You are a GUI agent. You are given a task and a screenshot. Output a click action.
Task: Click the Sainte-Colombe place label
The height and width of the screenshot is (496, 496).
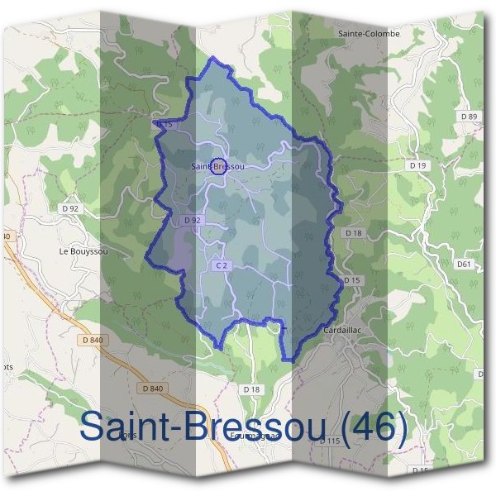(369, 34)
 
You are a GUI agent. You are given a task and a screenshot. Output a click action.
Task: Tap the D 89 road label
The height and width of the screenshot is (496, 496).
(468, 117)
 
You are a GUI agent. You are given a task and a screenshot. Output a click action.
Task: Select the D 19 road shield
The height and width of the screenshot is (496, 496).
(418, 165)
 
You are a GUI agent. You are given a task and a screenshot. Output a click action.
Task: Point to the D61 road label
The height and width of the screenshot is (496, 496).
(463, 265)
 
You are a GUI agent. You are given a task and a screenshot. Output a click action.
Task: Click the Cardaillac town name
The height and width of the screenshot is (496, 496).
(342, 330)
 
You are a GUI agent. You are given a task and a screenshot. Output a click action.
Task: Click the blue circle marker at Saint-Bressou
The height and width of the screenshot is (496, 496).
(218, 166)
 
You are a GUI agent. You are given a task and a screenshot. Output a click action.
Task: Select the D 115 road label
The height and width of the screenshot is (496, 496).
(330, 441)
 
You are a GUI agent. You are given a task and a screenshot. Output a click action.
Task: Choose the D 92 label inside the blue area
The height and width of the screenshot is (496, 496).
(192, 221)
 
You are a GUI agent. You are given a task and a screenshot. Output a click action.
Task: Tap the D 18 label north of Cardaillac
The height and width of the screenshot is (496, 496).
(354, 233)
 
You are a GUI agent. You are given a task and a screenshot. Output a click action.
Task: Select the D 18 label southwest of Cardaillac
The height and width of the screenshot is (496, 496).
(251, 389)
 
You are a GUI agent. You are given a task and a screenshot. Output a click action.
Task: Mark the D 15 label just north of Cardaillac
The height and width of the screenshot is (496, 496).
(352, 281)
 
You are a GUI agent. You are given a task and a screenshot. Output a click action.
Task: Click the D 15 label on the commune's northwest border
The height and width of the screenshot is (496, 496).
(163, 124)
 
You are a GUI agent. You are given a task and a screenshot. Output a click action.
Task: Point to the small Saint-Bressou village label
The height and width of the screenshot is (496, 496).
(217, 167)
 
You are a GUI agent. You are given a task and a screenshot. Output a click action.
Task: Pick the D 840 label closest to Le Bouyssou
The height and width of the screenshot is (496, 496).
(93, 339)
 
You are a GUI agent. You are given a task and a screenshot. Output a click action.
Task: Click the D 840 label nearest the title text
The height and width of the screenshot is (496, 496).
(153, 389)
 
